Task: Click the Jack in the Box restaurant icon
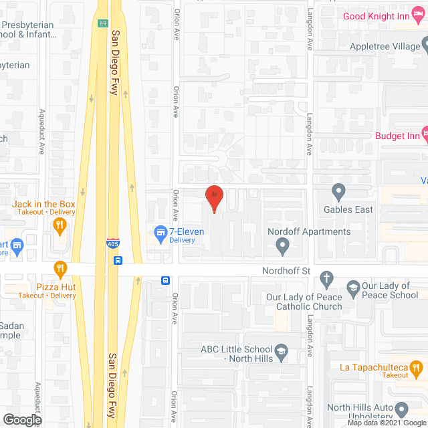click(x=61, y=225)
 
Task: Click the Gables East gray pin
click(x=338, y=193)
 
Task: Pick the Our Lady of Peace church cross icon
click(x=326, y=278)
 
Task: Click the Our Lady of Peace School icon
click(x=352, y=289)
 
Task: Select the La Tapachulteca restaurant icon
click(x=416, y=367)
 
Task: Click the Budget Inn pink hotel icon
click(x=424, y=134)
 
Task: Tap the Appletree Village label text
click(x=384, y=47)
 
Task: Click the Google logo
click(x=21, y=419)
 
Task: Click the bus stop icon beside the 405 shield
click(x=118, y=260)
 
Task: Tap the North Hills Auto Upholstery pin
click(x=401, y=408)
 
